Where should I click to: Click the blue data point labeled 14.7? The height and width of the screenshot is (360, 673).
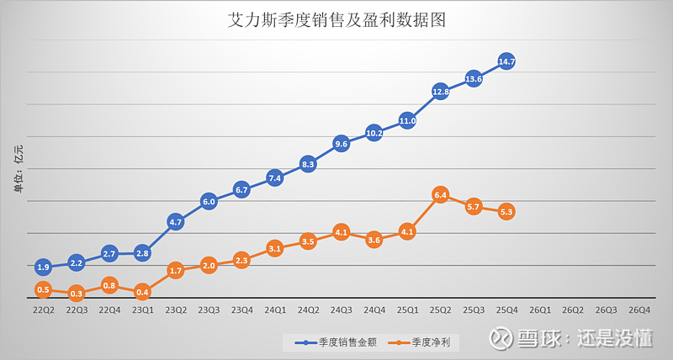pyautogui.click(x=506, y=61)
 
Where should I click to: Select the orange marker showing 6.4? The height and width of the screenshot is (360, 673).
pyautogui.click(x=440, y=194)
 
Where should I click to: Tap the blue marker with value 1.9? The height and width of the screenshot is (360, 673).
pyautogui.click(x=44, y=267)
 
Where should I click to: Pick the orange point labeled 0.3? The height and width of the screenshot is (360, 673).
pyautogui.click(x=77, y=294)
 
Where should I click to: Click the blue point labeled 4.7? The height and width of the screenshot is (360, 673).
pyautogui.click(x=176, y=222)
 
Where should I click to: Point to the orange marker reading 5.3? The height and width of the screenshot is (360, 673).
pyautogui.click(x=506, y=212)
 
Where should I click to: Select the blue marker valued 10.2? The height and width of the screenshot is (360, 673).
pyautogui.click(x=374, y=133)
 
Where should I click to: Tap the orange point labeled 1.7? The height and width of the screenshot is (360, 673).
pyautogui.click(x=176, y=270)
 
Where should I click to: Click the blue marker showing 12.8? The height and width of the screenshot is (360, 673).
pyautogui.click(x=440, y=91)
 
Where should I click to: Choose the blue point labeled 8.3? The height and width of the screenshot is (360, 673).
pyautogui.click(x=308, y=164)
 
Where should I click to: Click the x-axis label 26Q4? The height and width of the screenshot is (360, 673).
pyautogui.click(x=639, y=310)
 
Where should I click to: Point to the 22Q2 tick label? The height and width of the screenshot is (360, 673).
pyautogui.click(x=44, y=310)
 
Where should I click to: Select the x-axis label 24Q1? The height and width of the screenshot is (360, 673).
pyautogui.click(x=275, y=310)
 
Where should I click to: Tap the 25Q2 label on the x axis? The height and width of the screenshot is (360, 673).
pyautogui.click(x=440, y=310)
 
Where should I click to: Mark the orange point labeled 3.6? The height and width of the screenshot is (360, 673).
pyautogui.click(x=374, y=240)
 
